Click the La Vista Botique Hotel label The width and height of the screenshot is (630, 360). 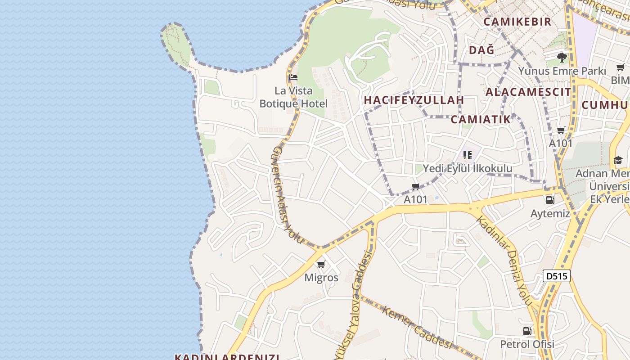[293, 97]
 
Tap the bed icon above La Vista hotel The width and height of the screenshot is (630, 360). [293, 77]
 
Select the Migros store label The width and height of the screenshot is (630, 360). [321, 278]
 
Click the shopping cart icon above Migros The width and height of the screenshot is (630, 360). [321, 264]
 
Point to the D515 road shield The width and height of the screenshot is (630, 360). [556, 276]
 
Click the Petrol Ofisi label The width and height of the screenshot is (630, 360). [527, 345]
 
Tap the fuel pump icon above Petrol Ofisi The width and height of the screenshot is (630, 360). [527, 331]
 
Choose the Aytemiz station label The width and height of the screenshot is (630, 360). [550, 214]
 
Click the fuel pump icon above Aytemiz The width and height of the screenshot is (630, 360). [550, 200]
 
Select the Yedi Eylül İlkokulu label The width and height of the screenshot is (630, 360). [468, 169]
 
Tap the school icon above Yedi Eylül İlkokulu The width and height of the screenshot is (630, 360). [468, 155]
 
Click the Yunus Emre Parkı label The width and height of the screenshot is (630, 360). [562, 71]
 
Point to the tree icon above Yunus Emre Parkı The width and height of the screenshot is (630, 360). [562, 57]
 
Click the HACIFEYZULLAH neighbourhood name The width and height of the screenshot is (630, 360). [414, 100]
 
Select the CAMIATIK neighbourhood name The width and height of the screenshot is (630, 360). [481, 119]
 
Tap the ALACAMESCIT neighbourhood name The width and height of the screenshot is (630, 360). [528, 92]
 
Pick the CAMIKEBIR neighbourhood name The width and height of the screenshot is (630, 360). [517, 22]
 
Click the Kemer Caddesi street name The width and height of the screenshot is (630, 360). [417, 327]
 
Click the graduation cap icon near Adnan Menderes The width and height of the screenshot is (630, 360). [618, 161]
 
